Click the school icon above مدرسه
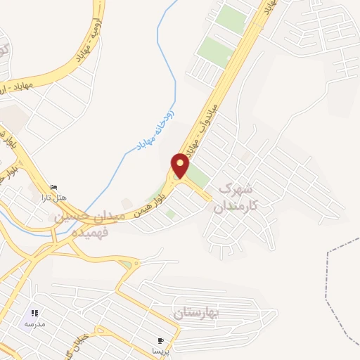point(34,313)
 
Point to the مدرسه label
point(34,323)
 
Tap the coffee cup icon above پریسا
point(162,340)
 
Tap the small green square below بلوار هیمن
point(170,213)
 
